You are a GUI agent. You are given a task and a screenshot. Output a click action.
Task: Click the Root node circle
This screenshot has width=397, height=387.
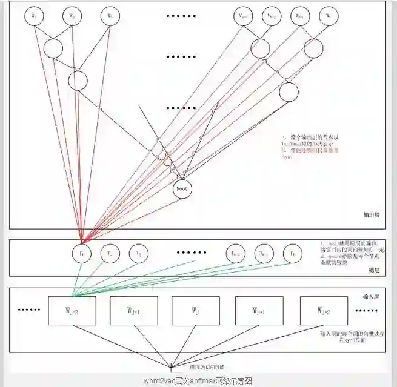[182, 189]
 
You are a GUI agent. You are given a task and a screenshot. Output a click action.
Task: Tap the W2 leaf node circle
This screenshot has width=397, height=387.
[72, 16]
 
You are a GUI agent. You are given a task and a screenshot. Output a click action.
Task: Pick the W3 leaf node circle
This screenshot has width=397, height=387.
[110, 16]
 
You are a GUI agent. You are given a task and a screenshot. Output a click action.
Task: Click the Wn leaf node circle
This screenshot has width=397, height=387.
[328, 16]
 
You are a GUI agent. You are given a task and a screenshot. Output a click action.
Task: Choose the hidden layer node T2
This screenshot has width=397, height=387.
[110, 252]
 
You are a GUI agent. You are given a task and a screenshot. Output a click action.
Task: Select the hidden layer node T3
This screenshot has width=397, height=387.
[139, 252]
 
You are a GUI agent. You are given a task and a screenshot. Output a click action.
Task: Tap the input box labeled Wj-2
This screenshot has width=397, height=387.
[72, 311]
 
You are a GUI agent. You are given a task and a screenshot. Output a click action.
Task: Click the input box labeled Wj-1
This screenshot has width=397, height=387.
[134, 311]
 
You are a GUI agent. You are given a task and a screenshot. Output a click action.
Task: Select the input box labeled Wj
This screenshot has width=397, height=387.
[195, 311]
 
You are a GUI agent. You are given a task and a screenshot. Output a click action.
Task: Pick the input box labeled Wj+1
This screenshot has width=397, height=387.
[259, 311]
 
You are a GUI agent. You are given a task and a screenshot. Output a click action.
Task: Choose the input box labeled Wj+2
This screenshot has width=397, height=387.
[324, 311]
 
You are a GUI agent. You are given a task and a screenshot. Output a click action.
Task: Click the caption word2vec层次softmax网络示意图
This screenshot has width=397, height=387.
[198, 381]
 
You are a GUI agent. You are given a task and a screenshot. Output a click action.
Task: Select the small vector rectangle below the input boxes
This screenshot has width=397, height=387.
[176, 365]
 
